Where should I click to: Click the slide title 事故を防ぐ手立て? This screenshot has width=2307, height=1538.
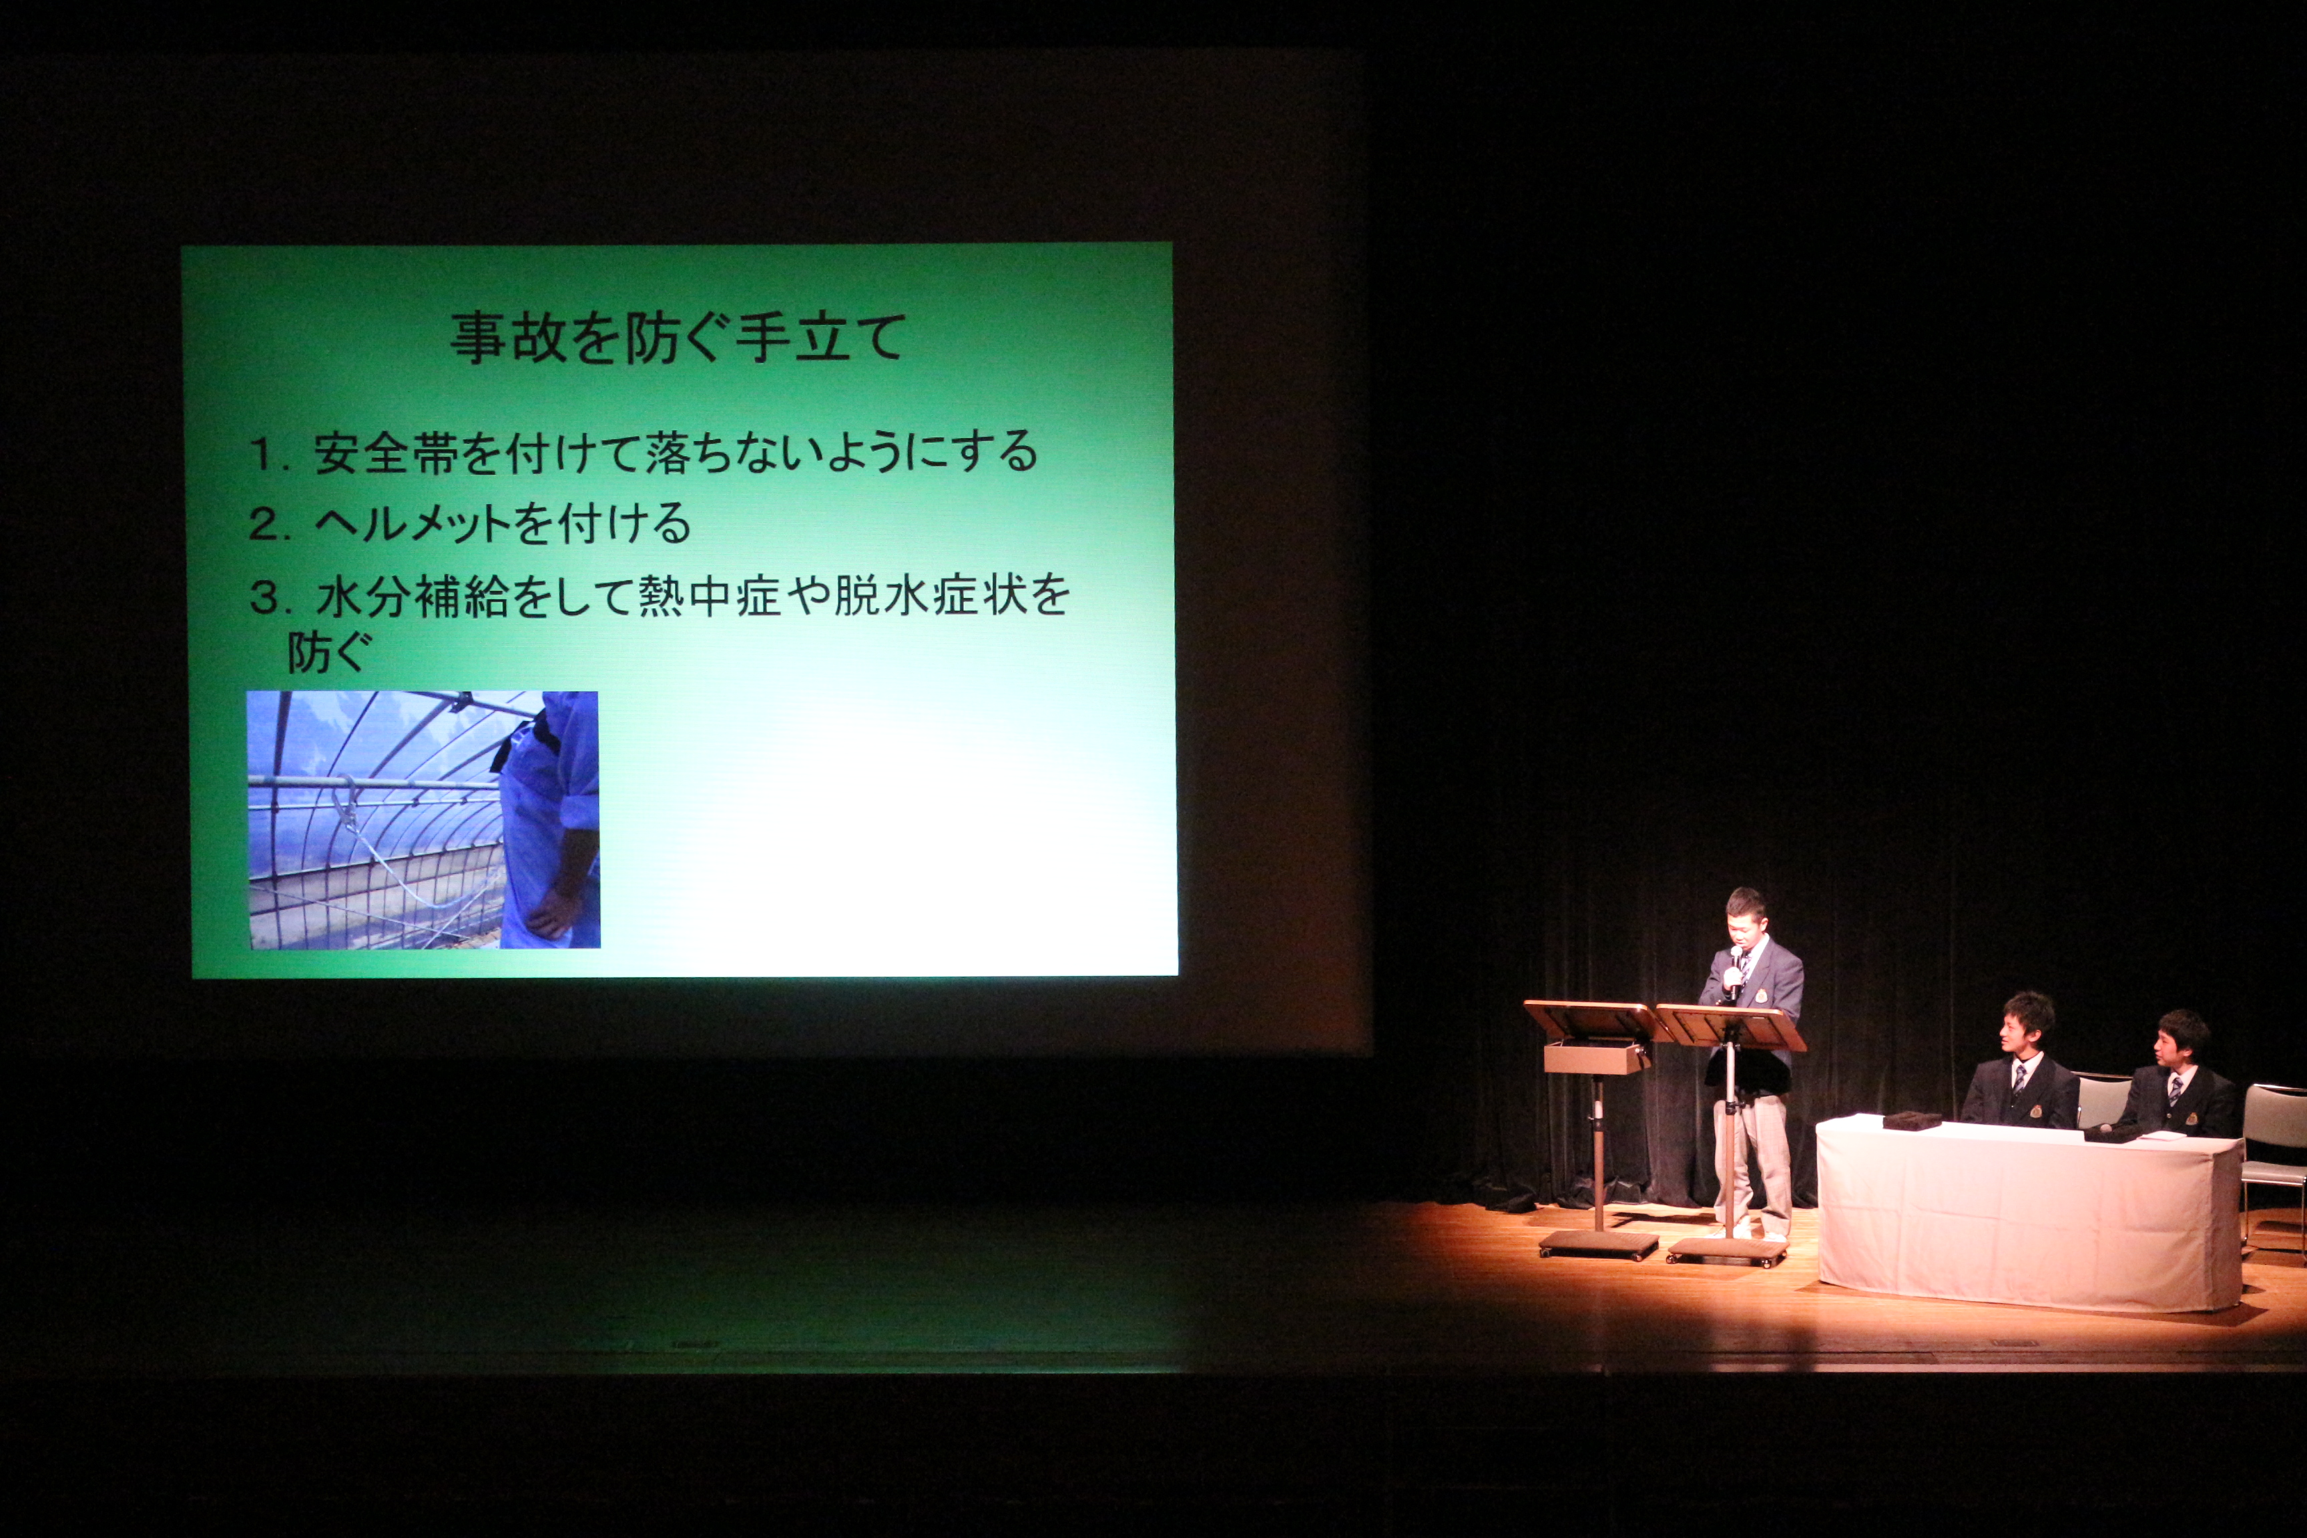[x=677, y=337]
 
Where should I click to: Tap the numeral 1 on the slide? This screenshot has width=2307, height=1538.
[x=262, y=454]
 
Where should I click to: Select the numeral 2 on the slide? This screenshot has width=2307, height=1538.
[x=263, y=525]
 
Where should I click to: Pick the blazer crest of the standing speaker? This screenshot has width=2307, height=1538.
[x=1762, y=995]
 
